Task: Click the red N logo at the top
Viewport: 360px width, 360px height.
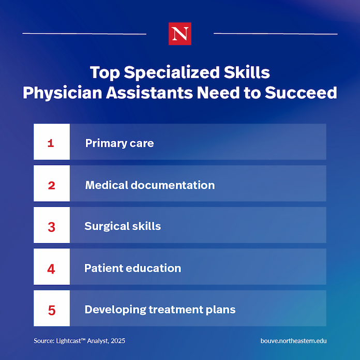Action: tap(180, 34)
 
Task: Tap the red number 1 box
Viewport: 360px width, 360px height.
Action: tap(52, 142)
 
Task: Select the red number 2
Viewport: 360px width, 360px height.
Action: tap(51, 185)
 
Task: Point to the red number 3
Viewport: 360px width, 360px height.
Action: tap(51, 227)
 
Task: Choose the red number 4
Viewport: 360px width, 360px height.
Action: tap(51, 268)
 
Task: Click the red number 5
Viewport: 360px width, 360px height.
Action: tap(52, 310)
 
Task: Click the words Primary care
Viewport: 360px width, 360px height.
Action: tap(119, 143)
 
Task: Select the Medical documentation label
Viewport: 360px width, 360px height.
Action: tap(150, 185)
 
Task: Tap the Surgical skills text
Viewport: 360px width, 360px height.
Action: tap(123, 227)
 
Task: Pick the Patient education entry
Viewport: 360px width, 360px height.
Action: tap(133, 268)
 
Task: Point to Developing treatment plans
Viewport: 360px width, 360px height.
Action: tap(160, 310)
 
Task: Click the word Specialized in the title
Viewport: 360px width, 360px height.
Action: tap(172, 73)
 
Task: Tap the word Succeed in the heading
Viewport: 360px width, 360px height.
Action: tap(301, 93)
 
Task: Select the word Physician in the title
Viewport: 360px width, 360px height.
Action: tap(62, 93)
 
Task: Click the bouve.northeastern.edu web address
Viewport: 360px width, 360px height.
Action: tap(293, 341)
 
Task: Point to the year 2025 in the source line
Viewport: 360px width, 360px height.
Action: tap(118, 341)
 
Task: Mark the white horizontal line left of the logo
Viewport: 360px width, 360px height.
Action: tap(84, 34)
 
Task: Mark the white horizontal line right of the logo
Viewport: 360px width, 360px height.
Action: tap(276, 34)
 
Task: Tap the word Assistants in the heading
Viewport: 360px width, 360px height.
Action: tap(149, 93)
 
